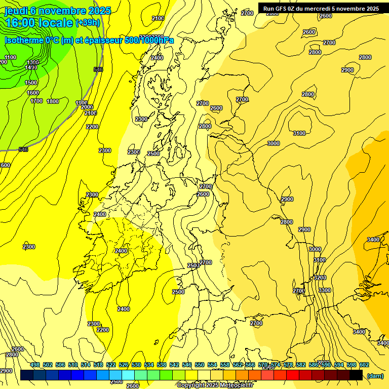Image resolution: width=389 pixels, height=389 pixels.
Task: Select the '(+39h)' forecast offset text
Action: tap(87, 23)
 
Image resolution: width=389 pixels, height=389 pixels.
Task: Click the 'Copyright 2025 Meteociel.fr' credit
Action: tap(215, 385)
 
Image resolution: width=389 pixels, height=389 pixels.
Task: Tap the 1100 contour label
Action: tap(11, 57)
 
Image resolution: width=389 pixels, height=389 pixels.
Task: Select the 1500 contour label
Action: tap(31, 83)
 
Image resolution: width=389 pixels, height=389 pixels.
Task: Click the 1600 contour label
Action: tap(33, 93)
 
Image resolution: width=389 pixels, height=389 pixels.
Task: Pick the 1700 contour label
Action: tap(36, 101)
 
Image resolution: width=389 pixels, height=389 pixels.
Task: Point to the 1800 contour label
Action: tap(53, 101)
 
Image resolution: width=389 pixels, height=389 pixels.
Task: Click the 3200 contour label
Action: tap(320, 278)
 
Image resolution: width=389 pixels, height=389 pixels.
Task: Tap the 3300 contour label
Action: tap(325, 290)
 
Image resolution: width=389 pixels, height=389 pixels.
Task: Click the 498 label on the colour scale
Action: tap(35, 365)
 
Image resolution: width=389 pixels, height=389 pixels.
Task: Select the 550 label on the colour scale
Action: tap(200, 365)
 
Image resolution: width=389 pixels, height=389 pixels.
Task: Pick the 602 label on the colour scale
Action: tap(364, 365)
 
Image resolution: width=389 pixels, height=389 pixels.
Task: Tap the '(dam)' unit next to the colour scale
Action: tap(375, 375)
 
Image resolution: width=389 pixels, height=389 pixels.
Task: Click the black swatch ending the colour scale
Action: tap(356, 375)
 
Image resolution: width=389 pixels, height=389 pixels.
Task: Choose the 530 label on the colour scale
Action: tap(136, 365)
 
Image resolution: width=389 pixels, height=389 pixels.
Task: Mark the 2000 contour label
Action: tap(87, 107)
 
